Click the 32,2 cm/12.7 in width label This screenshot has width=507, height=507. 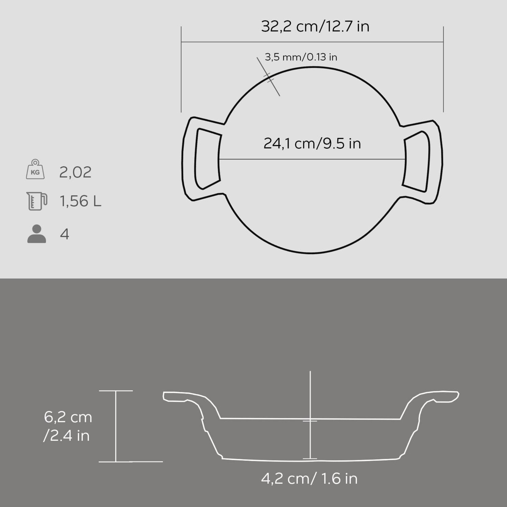[315, 26]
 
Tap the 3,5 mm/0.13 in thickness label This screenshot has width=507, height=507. [301, 57]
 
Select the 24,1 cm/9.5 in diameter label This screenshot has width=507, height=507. [312, 143]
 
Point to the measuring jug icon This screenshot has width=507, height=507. [37, 201]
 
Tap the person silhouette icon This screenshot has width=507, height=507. [37, 234]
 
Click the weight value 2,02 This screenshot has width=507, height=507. [75, 172]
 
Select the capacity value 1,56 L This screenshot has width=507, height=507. [80, 202]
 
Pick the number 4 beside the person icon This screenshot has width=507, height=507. [65, 234]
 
